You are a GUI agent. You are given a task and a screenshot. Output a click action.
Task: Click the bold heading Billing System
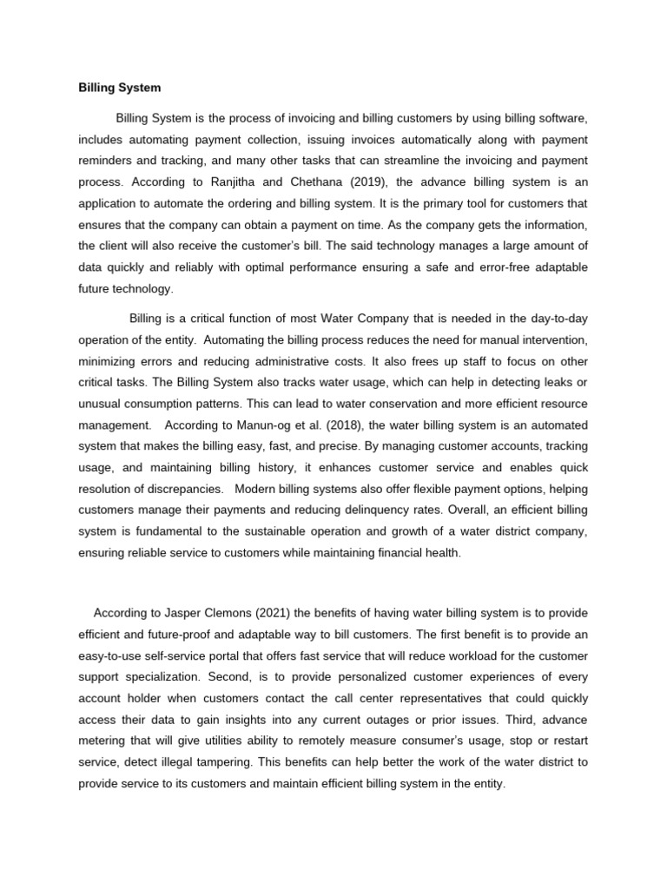coord(119,88)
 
